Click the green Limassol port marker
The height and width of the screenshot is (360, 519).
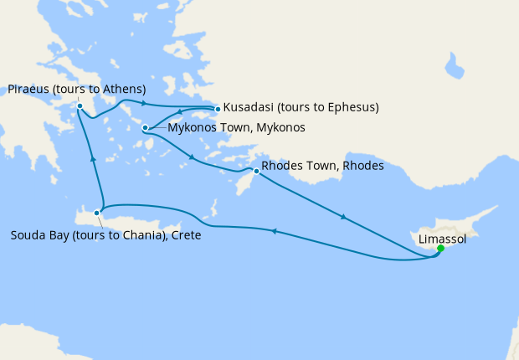click(440, 248)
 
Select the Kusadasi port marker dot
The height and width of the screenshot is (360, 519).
click(218, 108)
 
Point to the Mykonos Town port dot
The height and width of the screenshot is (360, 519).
click(146, 128)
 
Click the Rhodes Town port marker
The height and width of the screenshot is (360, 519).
click(256, 171)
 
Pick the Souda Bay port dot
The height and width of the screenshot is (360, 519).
click(98, 213)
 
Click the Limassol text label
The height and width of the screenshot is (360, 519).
click(442, 239)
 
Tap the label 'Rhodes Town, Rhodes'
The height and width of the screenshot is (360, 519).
click(322, 166)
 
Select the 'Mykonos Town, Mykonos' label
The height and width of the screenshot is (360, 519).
click(236, 128)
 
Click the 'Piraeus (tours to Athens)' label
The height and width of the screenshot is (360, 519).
click(77, 90)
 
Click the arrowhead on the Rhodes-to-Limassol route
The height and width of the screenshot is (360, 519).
click(342, 218)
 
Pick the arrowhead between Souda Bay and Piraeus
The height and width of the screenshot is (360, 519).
click(92, 157)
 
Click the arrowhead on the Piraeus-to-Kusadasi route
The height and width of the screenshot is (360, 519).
click(144, 104)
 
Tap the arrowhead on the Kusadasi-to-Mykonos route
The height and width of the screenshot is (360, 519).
click(179, 114)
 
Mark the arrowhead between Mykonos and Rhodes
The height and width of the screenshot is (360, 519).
click(193, 157)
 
